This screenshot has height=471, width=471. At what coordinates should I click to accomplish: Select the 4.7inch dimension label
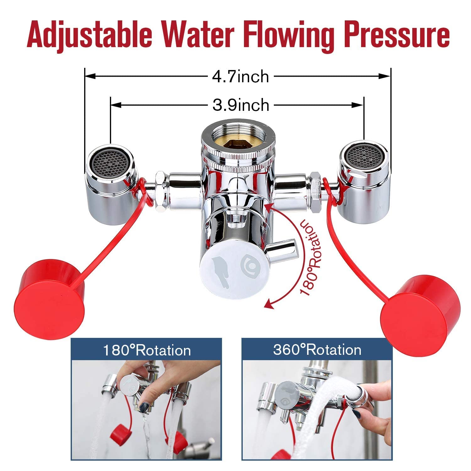coord(241,76)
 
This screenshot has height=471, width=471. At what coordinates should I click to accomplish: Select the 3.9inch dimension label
coord(241,105)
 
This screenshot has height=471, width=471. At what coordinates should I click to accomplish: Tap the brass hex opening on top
coord(239,139)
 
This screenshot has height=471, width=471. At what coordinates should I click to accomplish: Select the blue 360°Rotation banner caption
coord(317,349)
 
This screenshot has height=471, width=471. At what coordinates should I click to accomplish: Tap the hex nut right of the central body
coord(315,192)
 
